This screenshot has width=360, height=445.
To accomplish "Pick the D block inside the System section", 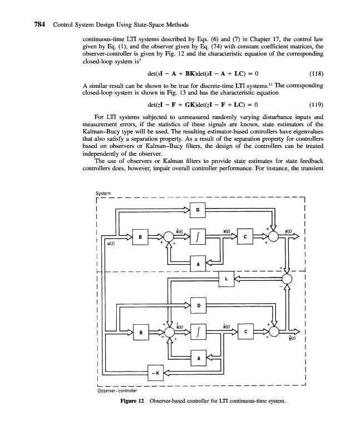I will [x=198, y=210].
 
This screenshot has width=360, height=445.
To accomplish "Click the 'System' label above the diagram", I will [x=105, y=194].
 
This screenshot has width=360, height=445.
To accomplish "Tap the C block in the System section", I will [x=245, y=238].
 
